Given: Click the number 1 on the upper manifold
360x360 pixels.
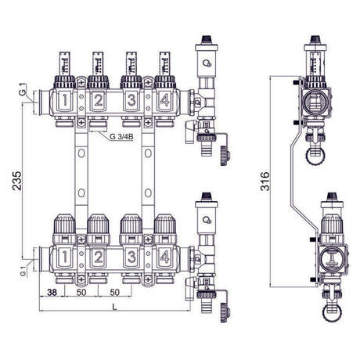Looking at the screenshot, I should (x=65, y=101).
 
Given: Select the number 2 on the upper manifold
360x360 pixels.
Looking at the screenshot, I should (x=98, y=101).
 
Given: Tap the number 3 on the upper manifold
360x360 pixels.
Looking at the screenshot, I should (x=131, y=101).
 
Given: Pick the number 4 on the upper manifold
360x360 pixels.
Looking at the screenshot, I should (x=163, y=101).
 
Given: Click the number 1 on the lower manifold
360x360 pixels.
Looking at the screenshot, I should (x=65, y=257).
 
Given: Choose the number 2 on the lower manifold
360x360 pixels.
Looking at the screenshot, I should (x=98, y=257).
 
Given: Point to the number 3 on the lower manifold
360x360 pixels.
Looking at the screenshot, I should (x=131, y=257).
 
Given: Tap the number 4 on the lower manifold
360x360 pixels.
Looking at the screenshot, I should (x=163, y=257).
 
